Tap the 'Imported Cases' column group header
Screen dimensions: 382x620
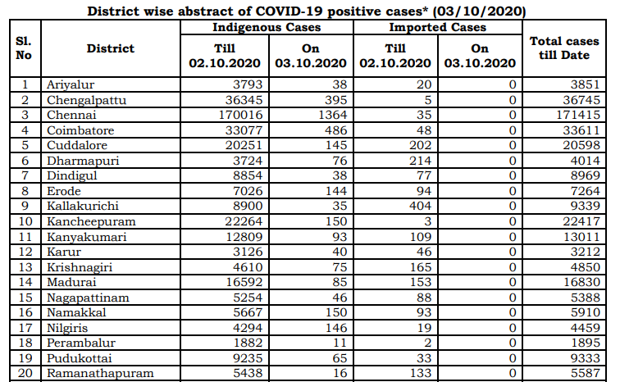pyautogui.click(x=438, y=28)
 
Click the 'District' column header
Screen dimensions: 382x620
pyautogui.click(x=110, y=48)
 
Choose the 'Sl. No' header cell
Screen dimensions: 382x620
pyautogui.click(x=24, y=48)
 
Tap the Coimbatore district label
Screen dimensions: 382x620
pyautogui.click(x=80, y=130)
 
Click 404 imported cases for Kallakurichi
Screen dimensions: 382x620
pyautogui.click(x=417, y=207)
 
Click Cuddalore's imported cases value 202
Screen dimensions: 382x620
pyautogui.click(x=417, y=145)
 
